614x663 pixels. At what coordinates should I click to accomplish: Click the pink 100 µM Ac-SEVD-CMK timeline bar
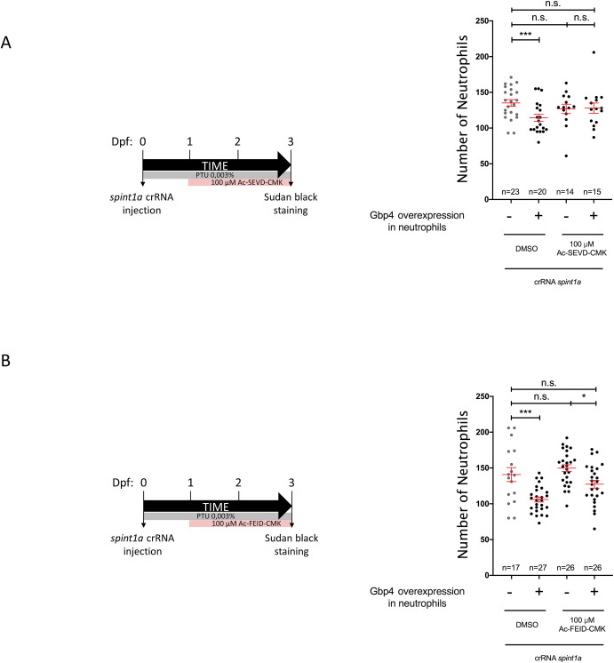(x=240, y=181)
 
